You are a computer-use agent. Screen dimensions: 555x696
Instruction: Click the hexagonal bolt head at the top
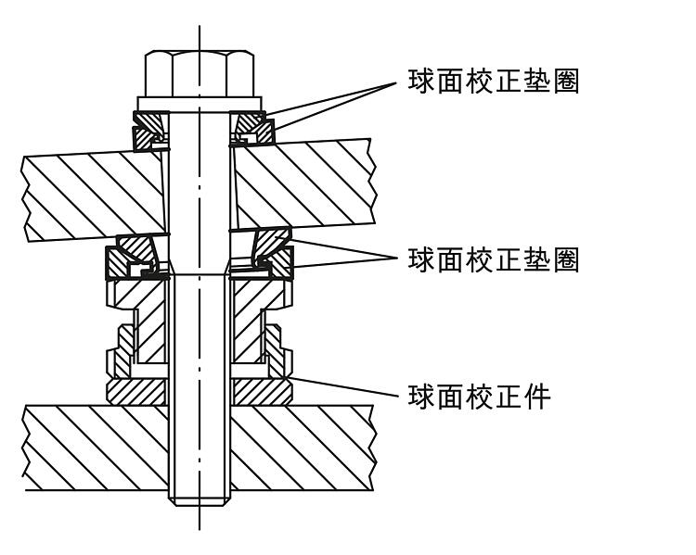[197, 69]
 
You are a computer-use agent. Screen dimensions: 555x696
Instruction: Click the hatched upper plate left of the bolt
[93, 195]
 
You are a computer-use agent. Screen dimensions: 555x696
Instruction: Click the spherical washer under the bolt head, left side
[148, 130]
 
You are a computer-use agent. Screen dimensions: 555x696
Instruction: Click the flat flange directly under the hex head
[197, 102]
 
